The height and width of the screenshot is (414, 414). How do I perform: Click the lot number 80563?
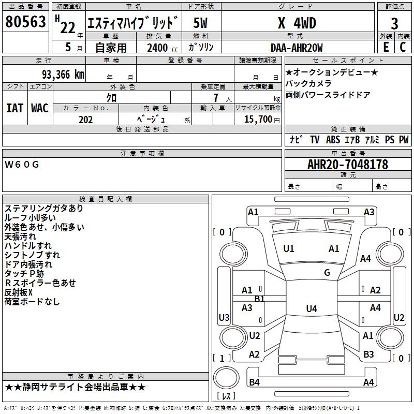pos(26,22)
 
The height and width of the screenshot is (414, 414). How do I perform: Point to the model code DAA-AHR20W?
pos(297,48)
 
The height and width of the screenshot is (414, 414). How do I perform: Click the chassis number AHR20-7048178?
pos(348,165)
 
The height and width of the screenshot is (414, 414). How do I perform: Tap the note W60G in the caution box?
pos(22,165)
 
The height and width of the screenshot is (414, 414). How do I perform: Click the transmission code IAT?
pos(14,108)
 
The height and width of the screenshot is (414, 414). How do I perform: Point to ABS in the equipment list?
pos(333,140)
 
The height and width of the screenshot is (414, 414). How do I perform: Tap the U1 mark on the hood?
pos(289,249)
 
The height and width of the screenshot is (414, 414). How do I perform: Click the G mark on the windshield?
pos(327,273)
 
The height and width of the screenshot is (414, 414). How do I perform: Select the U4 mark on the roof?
pos(311,309)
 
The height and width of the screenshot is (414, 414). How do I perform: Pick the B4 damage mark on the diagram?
pos(255,382)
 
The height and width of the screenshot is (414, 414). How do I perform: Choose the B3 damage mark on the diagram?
pos(368,354)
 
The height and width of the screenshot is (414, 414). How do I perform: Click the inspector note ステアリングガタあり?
pos(43,209)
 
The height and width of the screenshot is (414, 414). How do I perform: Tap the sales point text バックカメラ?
pos(308,83)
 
